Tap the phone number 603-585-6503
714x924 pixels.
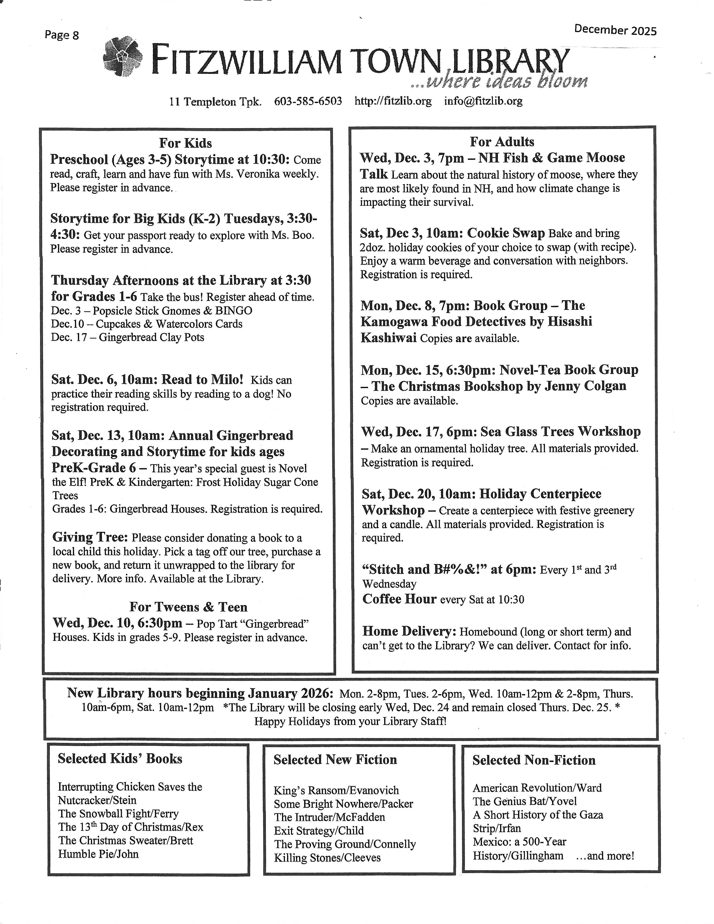click(308, 101)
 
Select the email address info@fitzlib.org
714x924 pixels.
click(483, 101)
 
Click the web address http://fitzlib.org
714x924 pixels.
click(393, 101)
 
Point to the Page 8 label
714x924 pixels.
click(62, 35)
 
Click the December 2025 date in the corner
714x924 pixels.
click(615, 30)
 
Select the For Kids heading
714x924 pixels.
click(186, 143)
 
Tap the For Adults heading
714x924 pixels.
click(502, 142)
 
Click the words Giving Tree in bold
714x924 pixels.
click(90, 537)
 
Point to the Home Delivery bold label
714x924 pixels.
click(409, 631)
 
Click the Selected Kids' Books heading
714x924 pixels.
click(120, 759)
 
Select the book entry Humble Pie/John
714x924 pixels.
click(98, 854)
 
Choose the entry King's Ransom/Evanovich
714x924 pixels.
click(336, 790)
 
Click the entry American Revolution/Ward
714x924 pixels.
click(537, 788)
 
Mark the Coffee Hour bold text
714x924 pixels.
click(399, 599)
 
